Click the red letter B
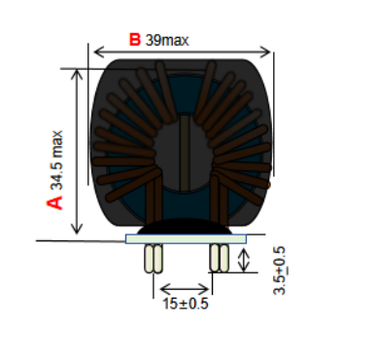coord(135,40)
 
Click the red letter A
coord(54,202)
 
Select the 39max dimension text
coord(167,40)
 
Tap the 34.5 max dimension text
coord(56,161)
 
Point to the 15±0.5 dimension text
coord(186,304)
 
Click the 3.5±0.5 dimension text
coord(280,270)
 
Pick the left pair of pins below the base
coord(154,259)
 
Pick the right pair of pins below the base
coord(220,258)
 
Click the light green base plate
coord(186,239)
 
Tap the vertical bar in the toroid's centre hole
coord(185,153)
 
